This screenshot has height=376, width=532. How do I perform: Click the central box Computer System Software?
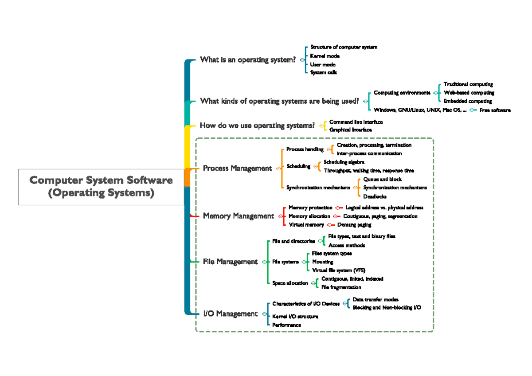(x=101, y=187)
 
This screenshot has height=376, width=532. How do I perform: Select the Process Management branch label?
(x=237, y=168)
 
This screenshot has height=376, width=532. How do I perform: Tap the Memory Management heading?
(x=238, y=216)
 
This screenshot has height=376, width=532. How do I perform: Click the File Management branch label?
(x=230, y=262)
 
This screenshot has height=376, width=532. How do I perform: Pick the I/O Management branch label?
(x=230, y=314)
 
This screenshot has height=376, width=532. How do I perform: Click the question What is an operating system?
(x=247, y=60)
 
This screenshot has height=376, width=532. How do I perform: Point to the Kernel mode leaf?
(x=325, y=56)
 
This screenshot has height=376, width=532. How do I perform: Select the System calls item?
(x=324, y=72)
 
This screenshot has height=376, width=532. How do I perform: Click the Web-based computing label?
(x=469, y=93)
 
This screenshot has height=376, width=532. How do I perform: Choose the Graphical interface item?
(x=351, y=130)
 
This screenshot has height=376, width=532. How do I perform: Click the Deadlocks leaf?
(x=375, y=196)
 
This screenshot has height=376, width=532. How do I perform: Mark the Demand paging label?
(x=354, y=225)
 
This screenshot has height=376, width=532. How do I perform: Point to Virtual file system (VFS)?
(x=339, y=270)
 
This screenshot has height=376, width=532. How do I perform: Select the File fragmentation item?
(x=341, y=287)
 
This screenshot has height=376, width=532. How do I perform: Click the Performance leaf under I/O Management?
(x=286, y=325)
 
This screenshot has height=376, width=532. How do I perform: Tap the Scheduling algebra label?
(x=344, y=162)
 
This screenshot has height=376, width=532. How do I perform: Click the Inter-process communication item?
(x=369, y=153)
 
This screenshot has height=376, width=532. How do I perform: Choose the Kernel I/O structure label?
(x=295, y=317)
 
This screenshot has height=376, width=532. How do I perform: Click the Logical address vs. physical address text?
(x=384, y=208)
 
